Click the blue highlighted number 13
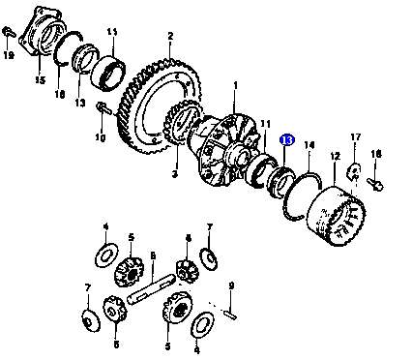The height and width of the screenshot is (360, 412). click(x=287, y=140)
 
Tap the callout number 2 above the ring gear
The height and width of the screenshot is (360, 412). click(x=170, y=36)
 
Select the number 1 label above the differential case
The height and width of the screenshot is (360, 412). click(x=236, y=86)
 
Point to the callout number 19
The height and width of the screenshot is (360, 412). click(x=9, y=55)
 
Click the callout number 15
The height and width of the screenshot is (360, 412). click(x=41, y=79)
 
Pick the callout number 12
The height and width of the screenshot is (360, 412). click(x=336, y=157)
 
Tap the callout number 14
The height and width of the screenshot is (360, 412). click(x=309, y=145)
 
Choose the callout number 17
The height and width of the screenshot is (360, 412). click(x=355, y=137)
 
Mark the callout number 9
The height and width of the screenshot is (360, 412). click(x=231, y=285)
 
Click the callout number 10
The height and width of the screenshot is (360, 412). click(x=101, y=138)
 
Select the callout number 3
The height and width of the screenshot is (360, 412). click(x=175, y=174)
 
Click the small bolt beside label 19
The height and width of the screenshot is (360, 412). click(x=9, y=32)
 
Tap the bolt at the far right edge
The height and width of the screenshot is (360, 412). click(x=375, y=184)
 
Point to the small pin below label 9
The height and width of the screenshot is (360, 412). click(x=230, y=314)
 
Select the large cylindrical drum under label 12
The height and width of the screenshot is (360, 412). click(x=336, y=216)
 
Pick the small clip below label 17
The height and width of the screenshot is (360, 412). click(x=354, y=172)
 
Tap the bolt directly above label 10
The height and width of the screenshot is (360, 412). click(x=104, y=108)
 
